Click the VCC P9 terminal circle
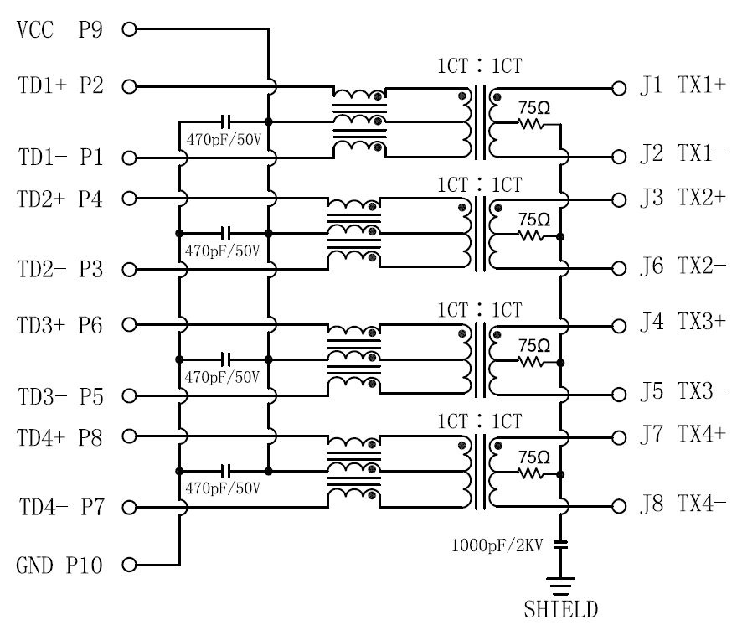[128, 30]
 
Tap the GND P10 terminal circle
[128, 565]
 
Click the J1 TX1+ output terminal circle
[618, 87]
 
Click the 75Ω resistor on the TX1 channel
[531, 124]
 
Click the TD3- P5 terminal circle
[128, 395]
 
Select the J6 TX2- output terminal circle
[618, 269]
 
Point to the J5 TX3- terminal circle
[618, 395]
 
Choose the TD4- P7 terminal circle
[128, 508]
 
